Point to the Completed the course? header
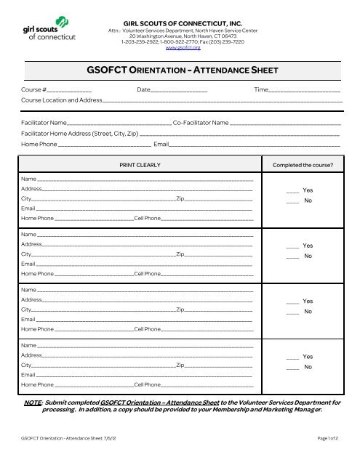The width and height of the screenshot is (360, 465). click(302, 165)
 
